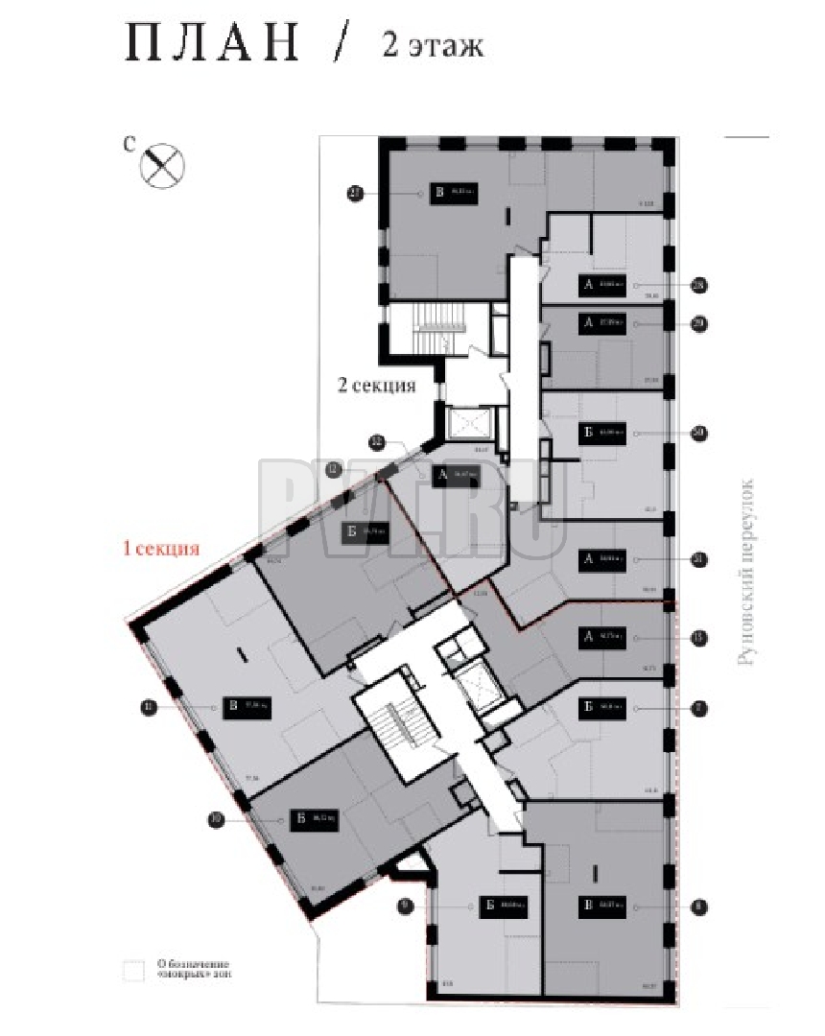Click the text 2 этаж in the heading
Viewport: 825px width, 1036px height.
(x=433, y=45)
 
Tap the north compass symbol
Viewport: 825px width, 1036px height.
(x=162, y=165)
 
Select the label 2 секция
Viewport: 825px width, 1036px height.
(x=375, y=386)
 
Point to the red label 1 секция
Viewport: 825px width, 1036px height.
(x=158, y=550)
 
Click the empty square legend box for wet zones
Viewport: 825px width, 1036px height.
(x=132, y=969)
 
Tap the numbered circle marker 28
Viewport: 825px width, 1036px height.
(x=699, y=284)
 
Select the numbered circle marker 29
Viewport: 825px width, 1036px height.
(x=699, y=324)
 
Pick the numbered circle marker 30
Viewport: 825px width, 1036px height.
(x=699, y=433)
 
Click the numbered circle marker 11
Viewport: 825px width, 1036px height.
(x=149, y=708)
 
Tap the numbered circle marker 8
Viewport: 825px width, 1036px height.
(x=699, y=904)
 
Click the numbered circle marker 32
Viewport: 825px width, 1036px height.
(x=378, y=441)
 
